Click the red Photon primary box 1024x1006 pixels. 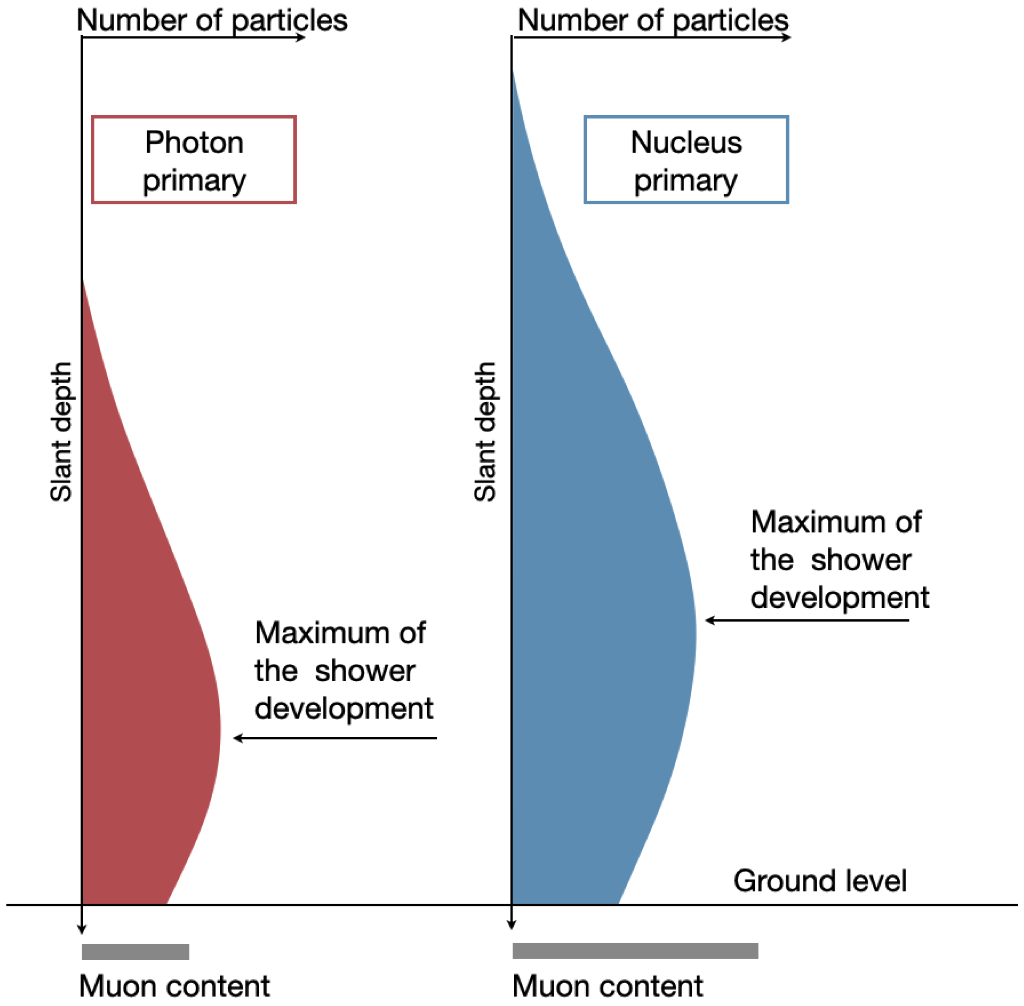194,160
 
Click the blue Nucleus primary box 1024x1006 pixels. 685,160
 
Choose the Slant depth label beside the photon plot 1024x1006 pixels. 61,431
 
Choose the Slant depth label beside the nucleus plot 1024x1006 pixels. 485,431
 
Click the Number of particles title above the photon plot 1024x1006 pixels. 212,20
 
